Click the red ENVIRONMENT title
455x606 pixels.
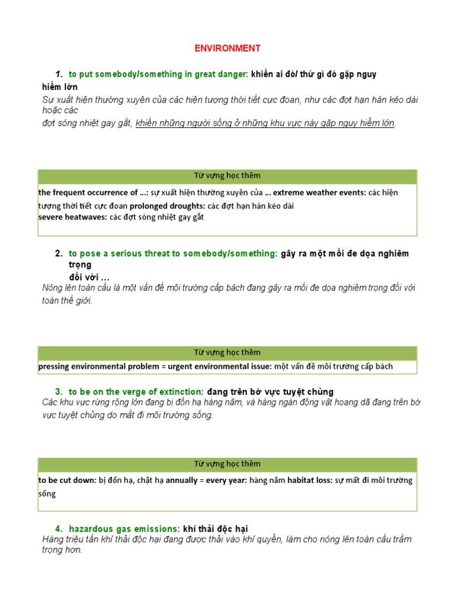(227, 48)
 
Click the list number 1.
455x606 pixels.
(59, 74)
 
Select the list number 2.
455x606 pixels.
(59, 253)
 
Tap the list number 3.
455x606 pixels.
(59, 392)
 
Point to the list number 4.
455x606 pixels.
(59, 528)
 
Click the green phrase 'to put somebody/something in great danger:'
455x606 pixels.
(159, 74)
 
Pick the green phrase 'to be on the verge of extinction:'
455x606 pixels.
(136, 392)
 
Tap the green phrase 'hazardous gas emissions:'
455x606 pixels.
(124, 528)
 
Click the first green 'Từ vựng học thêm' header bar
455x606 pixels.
(227, 176)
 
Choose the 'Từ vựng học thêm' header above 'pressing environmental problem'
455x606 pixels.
(227, 352)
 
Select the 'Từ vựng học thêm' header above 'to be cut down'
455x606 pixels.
(227, 464)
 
